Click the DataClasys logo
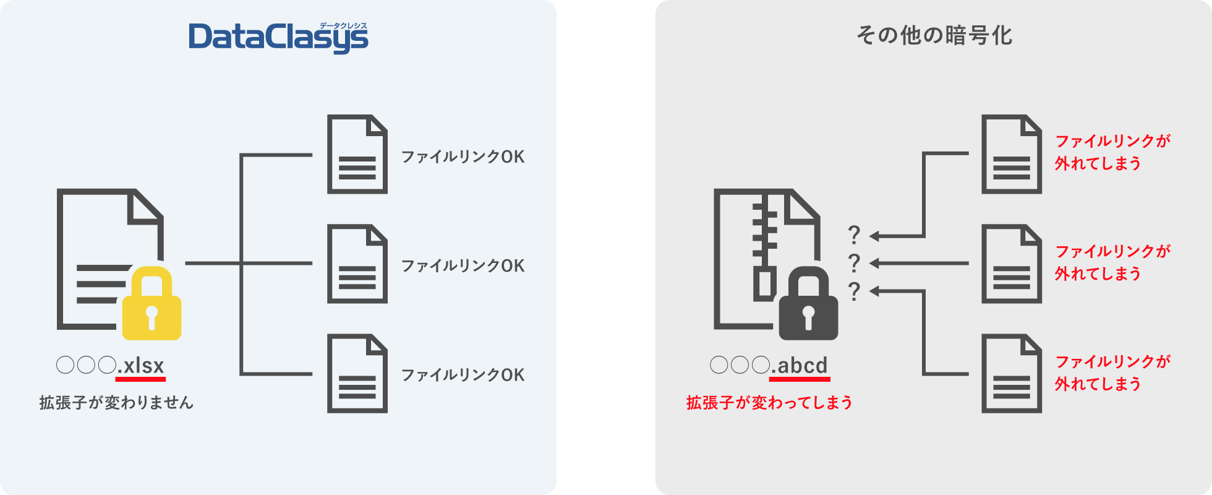(x=278, y=37)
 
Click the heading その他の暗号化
(x=934, y=35)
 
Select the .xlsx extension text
(x=141, y=366)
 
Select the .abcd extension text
(x=800, y=366)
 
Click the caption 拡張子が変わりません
(x=116, y=403)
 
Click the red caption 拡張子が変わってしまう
(x=769, y=403)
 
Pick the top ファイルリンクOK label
(x=463, y=157)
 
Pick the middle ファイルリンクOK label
(x=463, y=265)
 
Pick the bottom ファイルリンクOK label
(x=463, y=375)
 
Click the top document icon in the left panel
(x=357, y=154)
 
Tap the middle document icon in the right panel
(x=1011, y=264)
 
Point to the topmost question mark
(x=854, y=235)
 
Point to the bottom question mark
(x=854, y=291)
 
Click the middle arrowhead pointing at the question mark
(x=875, y=264)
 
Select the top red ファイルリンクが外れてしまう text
(x=1112, y=152)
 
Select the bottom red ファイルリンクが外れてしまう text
(x=1112, y=372)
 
